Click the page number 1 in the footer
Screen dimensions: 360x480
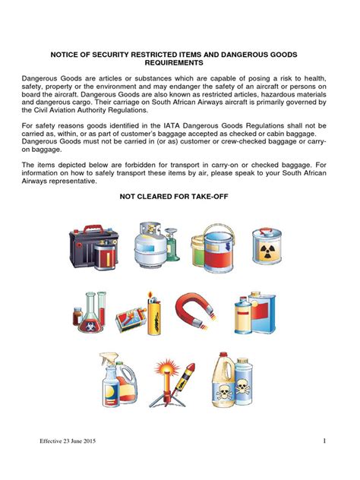324,442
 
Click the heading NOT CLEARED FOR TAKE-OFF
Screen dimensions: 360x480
174,197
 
